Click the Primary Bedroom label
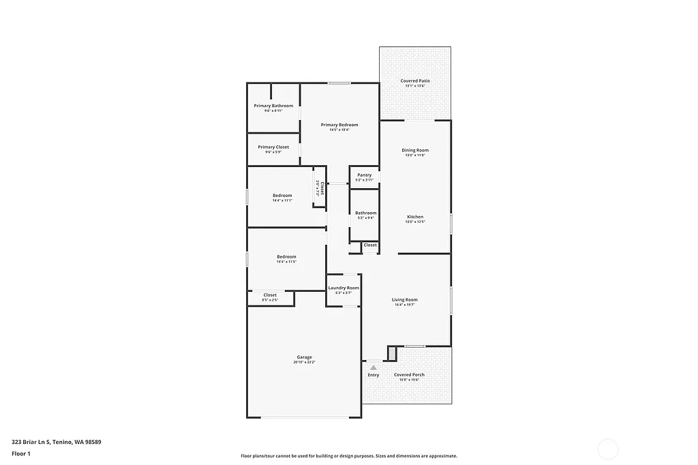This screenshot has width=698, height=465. coord(339,125)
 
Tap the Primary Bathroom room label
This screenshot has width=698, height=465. coord(273,106)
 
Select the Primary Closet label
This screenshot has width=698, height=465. coord(273,147)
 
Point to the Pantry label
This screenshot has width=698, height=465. coord(364,175)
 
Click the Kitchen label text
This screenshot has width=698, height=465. coord(415,217)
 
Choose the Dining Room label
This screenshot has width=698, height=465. coord(415,150)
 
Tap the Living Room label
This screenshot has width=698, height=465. coord(404,300)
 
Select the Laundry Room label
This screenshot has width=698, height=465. coord(344,288)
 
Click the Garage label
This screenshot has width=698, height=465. coord(304,357)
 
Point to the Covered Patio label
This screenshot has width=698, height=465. coord(415,81)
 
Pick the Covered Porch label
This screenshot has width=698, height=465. coord(409,374)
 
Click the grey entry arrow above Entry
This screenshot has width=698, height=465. coord(374,367)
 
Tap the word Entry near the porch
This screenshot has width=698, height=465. coord(374,375)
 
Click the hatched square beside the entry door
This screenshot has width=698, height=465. coord(392,353)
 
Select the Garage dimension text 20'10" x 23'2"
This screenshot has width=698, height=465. coord(304,362)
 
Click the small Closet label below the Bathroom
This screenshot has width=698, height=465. coord(370,245)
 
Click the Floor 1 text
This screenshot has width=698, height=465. coord(22,453)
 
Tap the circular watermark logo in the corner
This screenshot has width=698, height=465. coord(607,449)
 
